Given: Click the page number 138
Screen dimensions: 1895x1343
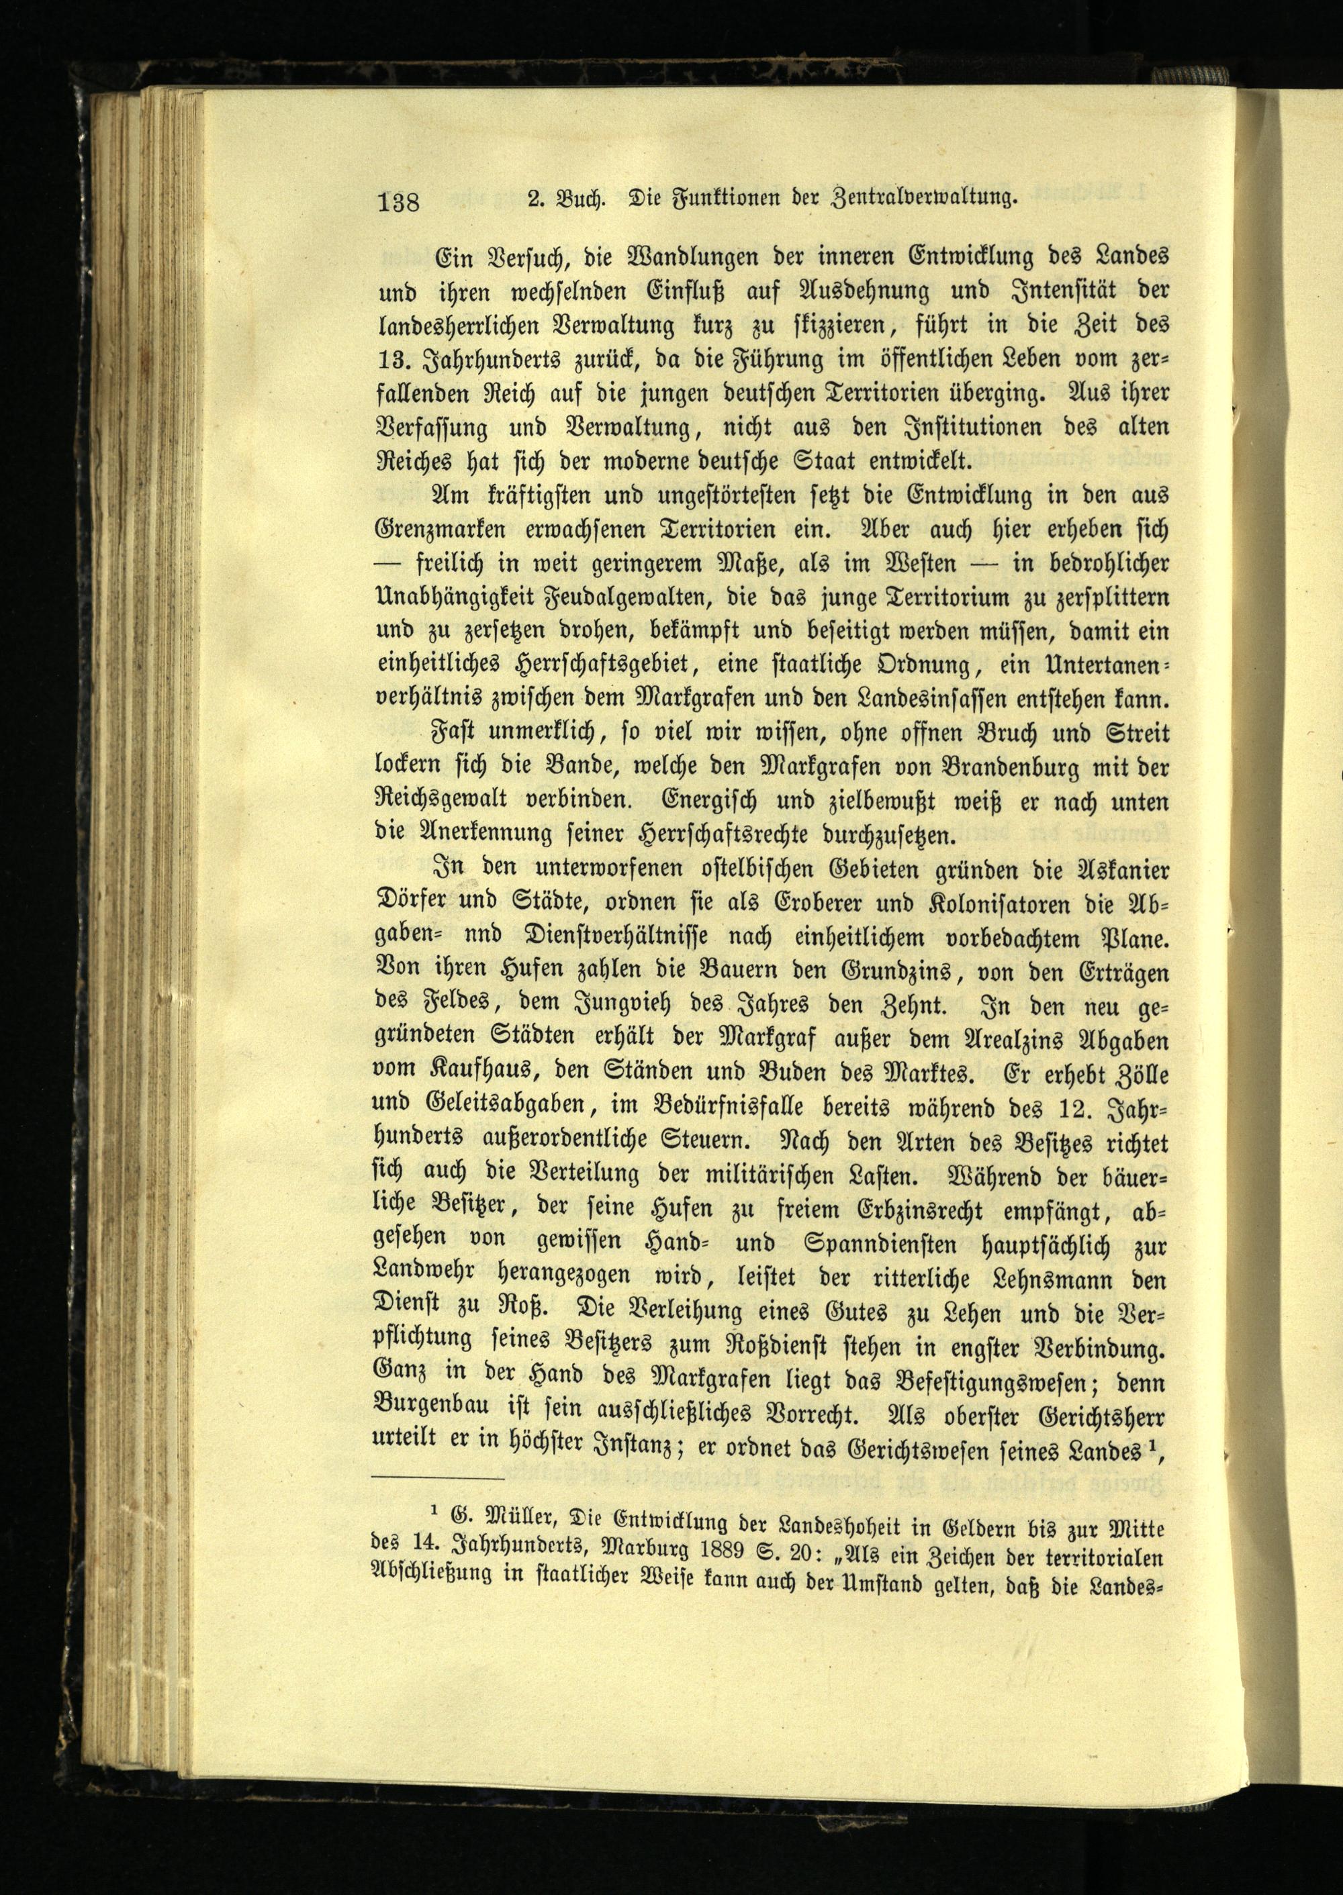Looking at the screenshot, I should (400, 203).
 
